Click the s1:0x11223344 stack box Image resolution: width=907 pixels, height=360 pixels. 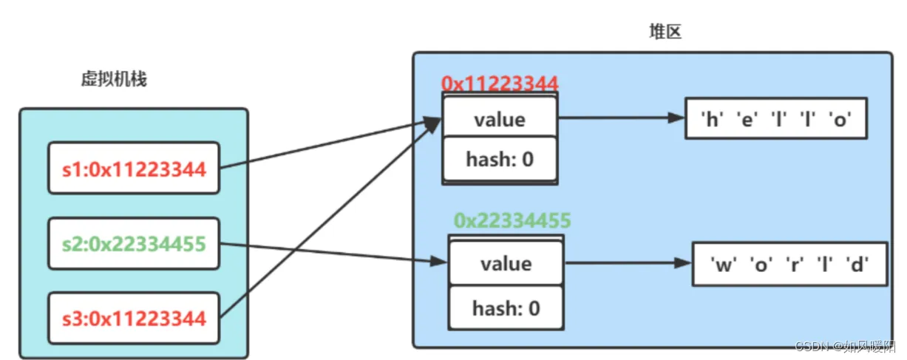pyautogui.click(x=134, y=169)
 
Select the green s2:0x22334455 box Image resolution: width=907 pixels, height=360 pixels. pyautogui.click(x=134, y=243)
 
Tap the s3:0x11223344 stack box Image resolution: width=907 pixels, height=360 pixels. pyautogui.click(x=134, y=319)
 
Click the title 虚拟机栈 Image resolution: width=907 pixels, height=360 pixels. pyautogui.click(x=114, y=79)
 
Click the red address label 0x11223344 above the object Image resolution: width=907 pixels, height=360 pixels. pyautogui.click(x=499, y=84)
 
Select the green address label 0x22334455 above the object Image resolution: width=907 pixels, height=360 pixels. pyautogui.click(x=512, y=220)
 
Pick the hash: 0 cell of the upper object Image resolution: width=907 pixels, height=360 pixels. pyautogui.click(x=499, y=158)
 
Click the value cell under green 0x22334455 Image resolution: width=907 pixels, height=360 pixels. pyautogui.click(x=506, y=264)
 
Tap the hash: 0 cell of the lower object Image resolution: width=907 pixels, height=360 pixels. pyautogui.click(x=506, y=307)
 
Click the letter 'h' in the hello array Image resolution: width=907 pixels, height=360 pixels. pyautogui.click(x=713, y=119)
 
